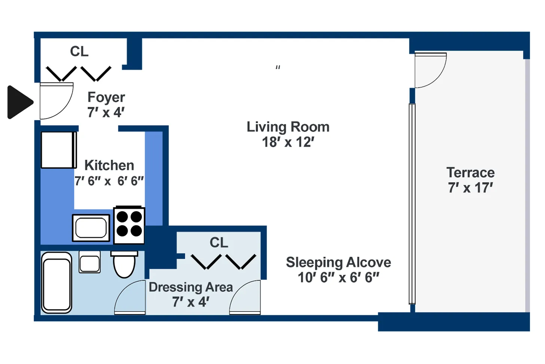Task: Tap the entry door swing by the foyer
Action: point(55,99)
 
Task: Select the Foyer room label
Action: point(106,97)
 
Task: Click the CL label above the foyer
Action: point(79,51)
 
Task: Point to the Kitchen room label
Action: point(109,165)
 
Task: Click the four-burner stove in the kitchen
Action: point(129,224)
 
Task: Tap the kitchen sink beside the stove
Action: point(91,228)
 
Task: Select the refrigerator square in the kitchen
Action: point(58,150)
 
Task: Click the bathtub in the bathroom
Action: point(57,283)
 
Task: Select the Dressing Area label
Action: point(191,287)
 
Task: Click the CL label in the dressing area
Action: point(219,243)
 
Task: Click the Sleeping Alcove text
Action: point(338,262)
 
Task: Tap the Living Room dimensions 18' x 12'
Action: point(288,142)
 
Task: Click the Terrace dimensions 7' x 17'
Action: point(471,187)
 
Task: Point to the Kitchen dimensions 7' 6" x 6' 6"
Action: point(109,181)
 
